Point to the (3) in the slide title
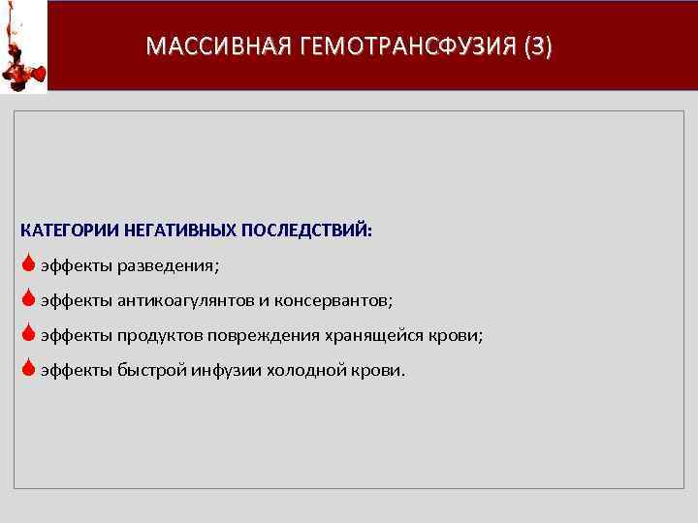pos(536,46)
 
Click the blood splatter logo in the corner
pos(23,46)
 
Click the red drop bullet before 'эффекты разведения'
pos(29,264)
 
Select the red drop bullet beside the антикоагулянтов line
pos(29,299)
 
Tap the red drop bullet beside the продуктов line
pos(29,334)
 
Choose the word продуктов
pos(159,335)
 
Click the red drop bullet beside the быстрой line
pos(29,368)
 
